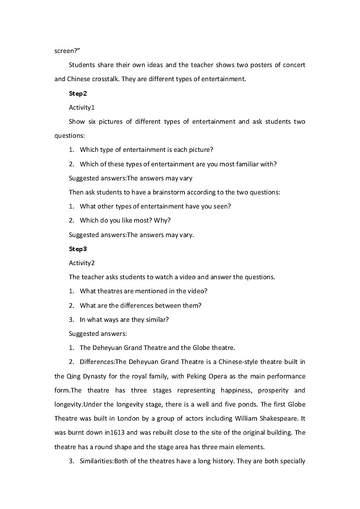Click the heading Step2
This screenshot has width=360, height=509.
78,93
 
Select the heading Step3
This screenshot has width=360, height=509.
78,249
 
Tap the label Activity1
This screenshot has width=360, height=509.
82,107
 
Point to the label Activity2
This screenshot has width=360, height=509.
82,263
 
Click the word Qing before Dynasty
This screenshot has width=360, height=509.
73,376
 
